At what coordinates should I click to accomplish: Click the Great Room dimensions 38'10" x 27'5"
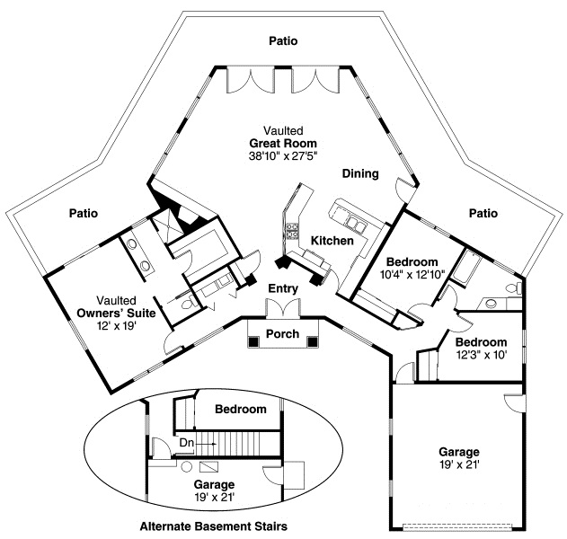283,155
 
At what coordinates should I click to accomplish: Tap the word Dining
360,174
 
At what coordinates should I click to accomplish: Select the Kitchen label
332,241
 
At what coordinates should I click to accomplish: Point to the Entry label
283,288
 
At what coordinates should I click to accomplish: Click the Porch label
282,333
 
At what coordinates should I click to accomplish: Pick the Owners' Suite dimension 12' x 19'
116,326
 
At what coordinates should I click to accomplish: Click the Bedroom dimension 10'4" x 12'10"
412,274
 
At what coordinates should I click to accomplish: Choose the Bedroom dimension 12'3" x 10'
482,355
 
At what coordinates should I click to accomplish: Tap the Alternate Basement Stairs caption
213,526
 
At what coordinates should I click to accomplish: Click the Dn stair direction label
187,443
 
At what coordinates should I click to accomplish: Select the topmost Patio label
283,40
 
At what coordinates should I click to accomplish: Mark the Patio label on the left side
84,213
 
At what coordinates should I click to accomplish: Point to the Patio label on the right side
483,213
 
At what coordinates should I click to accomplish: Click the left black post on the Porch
254,340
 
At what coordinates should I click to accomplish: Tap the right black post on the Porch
313,341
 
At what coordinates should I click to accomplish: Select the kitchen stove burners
292,231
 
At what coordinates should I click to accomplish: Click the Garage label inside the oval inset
214,484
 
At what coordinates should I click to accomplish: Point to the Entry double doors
283,308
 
